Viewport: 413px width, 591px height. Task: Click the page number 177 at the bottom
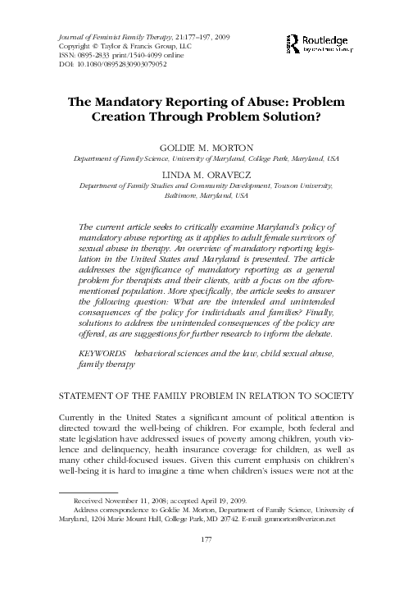(206, 564)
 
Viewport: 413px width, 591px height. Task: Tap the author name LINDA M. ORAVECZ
(206, 176)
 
